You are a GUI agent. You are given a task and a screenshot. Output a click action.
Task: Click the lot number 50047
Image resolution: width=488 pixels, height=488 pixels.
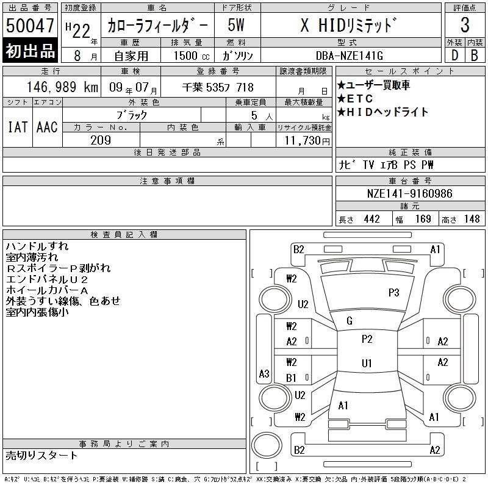click(x=30, y=26)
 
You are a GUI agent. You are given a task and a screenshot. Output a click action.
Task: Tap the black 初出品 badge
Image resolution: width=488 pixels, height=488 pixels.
click(x=30, y=51)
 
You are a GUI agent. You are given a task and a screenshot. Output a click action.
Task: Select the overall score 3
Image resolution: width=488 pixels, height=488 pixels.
click(x=465, y=25)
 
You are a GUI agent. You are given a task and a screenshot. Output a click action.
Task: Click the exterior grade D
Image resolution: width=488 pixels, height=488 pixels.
click(x=454, y=56)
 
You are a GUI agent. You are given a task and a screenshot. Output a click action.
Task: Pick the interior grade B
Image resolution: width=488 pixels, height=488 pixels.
click(x=475, y=56)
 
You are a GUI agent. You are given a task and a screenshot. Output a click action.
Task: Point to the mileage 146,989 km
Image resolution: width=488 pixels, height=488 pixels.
click(x=63, y=87)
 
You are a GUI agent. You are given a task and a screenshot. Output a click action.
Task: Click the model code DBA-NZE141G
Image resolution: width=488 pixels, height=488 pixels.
click(x=350, y=56)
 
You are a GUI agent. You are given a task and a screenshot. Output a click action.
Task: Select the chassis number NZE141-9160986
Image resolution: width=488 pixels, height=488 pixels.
click(x=409, y=193)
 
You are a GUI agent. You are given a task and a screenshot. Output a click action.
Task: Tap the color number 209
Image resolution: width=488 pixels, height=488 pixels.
click(x=101, y=140)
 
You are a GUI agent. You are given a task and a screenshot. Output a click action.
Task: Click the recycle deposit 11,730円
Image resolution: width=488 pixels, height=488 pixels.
click(x=307, y=140)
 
